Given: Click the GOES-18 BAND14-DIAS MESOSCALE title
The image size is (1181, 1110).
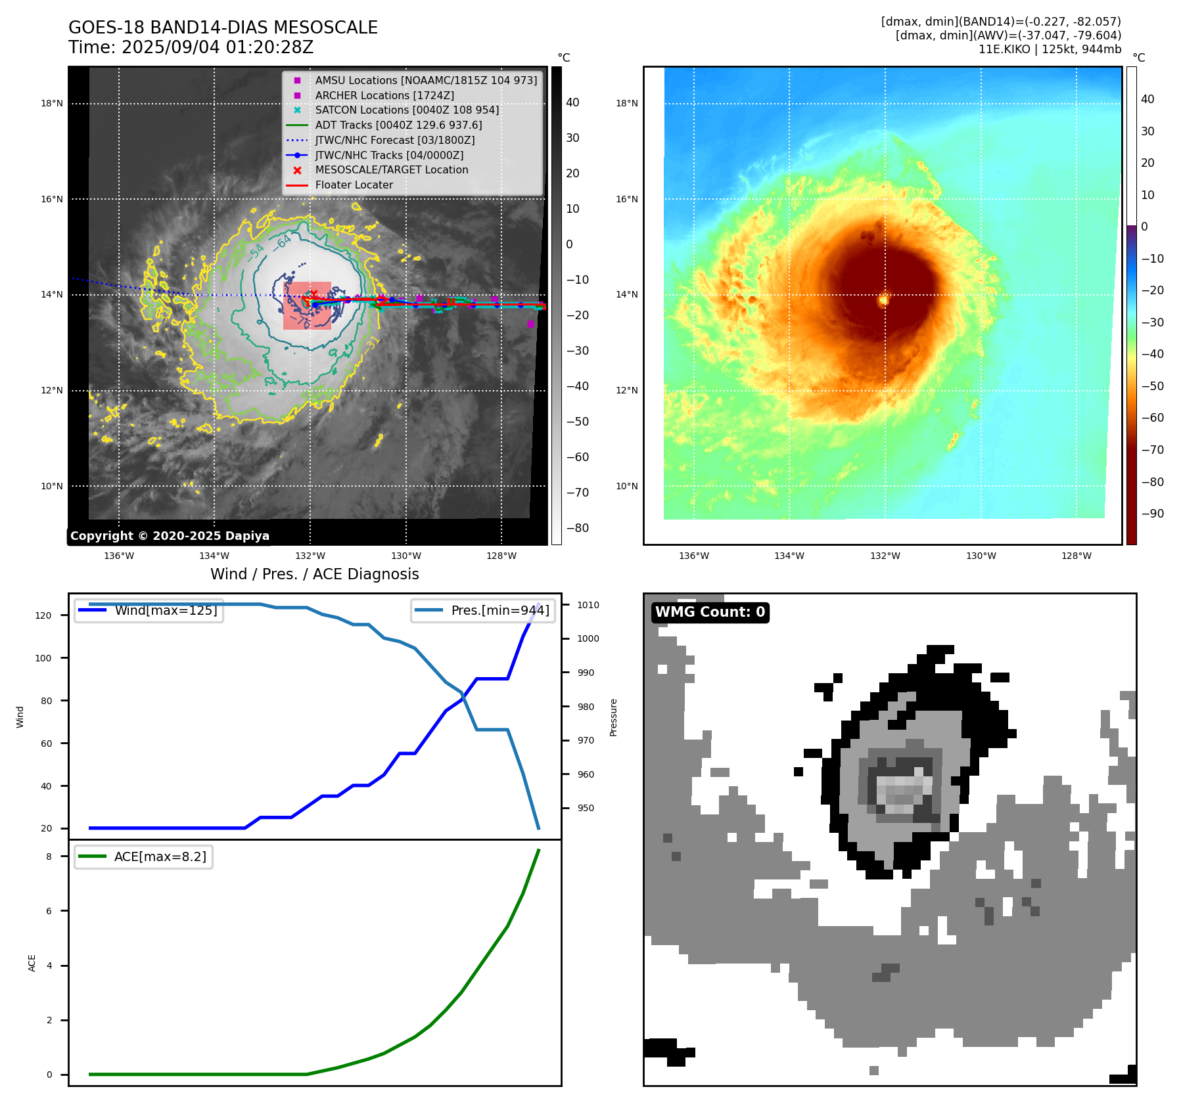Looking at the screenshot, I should [223, 28].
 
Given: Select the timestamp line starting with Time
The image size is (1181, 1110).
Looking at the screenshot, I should [191, 47].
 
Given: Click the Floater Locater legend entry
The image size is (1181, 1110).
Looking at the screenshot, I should [354, 185].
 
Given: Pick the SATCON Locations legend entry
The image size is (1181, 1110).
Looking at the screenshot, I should [406, 110].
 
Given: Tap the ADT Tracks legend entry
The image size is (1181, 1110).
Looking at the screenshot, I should [398, 125].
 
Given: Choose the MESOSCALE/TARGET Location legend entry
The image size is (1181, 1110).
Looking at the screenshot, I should [391, 169].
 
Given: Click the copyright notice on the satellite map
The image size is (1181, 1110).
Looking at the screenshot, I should [170, 536].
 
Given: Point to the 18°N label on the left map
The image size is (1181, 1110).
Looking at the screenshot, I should [52, 103].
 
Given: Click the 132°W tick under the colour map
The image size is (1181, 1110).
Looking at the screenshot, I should [885, 556].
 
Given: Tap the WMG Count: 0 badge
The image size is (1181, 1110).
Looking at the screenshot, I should [710, 612].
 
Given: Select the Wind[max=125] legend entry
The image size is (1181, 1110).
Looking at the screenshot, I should [166, 610].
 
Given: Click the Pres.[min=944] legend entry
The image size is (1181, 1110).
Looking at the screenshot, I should [499, 610].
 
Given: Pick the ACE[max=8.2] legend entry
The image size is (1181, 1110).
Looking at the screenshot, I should [160, 856].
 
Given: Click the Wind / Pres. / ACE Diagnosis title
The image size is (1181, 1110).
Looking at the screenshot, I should [314, 574].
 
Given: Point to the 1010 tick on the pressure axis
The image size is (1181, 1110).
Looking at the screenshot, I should [588, 605].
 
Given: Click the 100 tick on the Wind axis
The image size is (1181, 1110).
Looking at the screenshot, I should [43, 658].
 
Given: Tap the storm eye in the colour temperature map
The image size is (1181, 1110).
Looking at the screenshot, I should [883, 300].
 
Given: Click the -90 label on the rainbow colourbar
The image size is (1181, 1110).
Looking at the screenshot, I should [1152, 514].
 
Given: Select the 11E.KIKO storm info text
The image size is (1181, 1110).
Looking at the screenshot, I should [1050, 49].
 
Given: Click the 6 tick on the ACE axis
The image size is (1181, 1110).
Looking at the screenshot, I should [49, 911].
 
